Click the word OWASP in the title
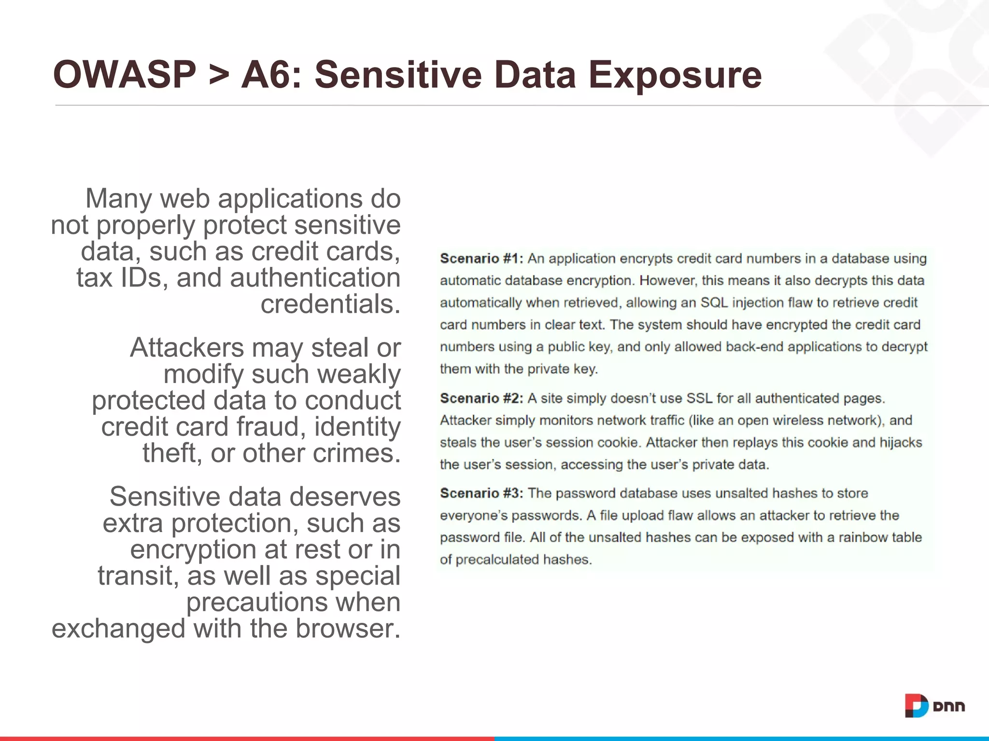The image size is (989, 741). pos(125,75)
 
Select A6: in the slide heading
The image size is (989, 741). pos(271,75)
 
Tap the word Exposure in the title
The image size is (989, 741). pos(675,76)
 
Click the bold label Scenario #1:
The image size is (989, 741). pos(481,259)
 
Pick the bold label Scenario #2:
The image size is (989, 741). pos(481,398)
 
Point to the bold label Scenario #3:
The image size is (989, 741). pos(481,494)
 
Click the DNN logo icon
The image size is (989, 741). pos(916,706)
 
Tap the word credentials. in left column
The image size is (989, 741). pos(330,304)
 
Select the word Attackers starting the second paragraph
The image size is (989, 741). pos(187,347)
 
